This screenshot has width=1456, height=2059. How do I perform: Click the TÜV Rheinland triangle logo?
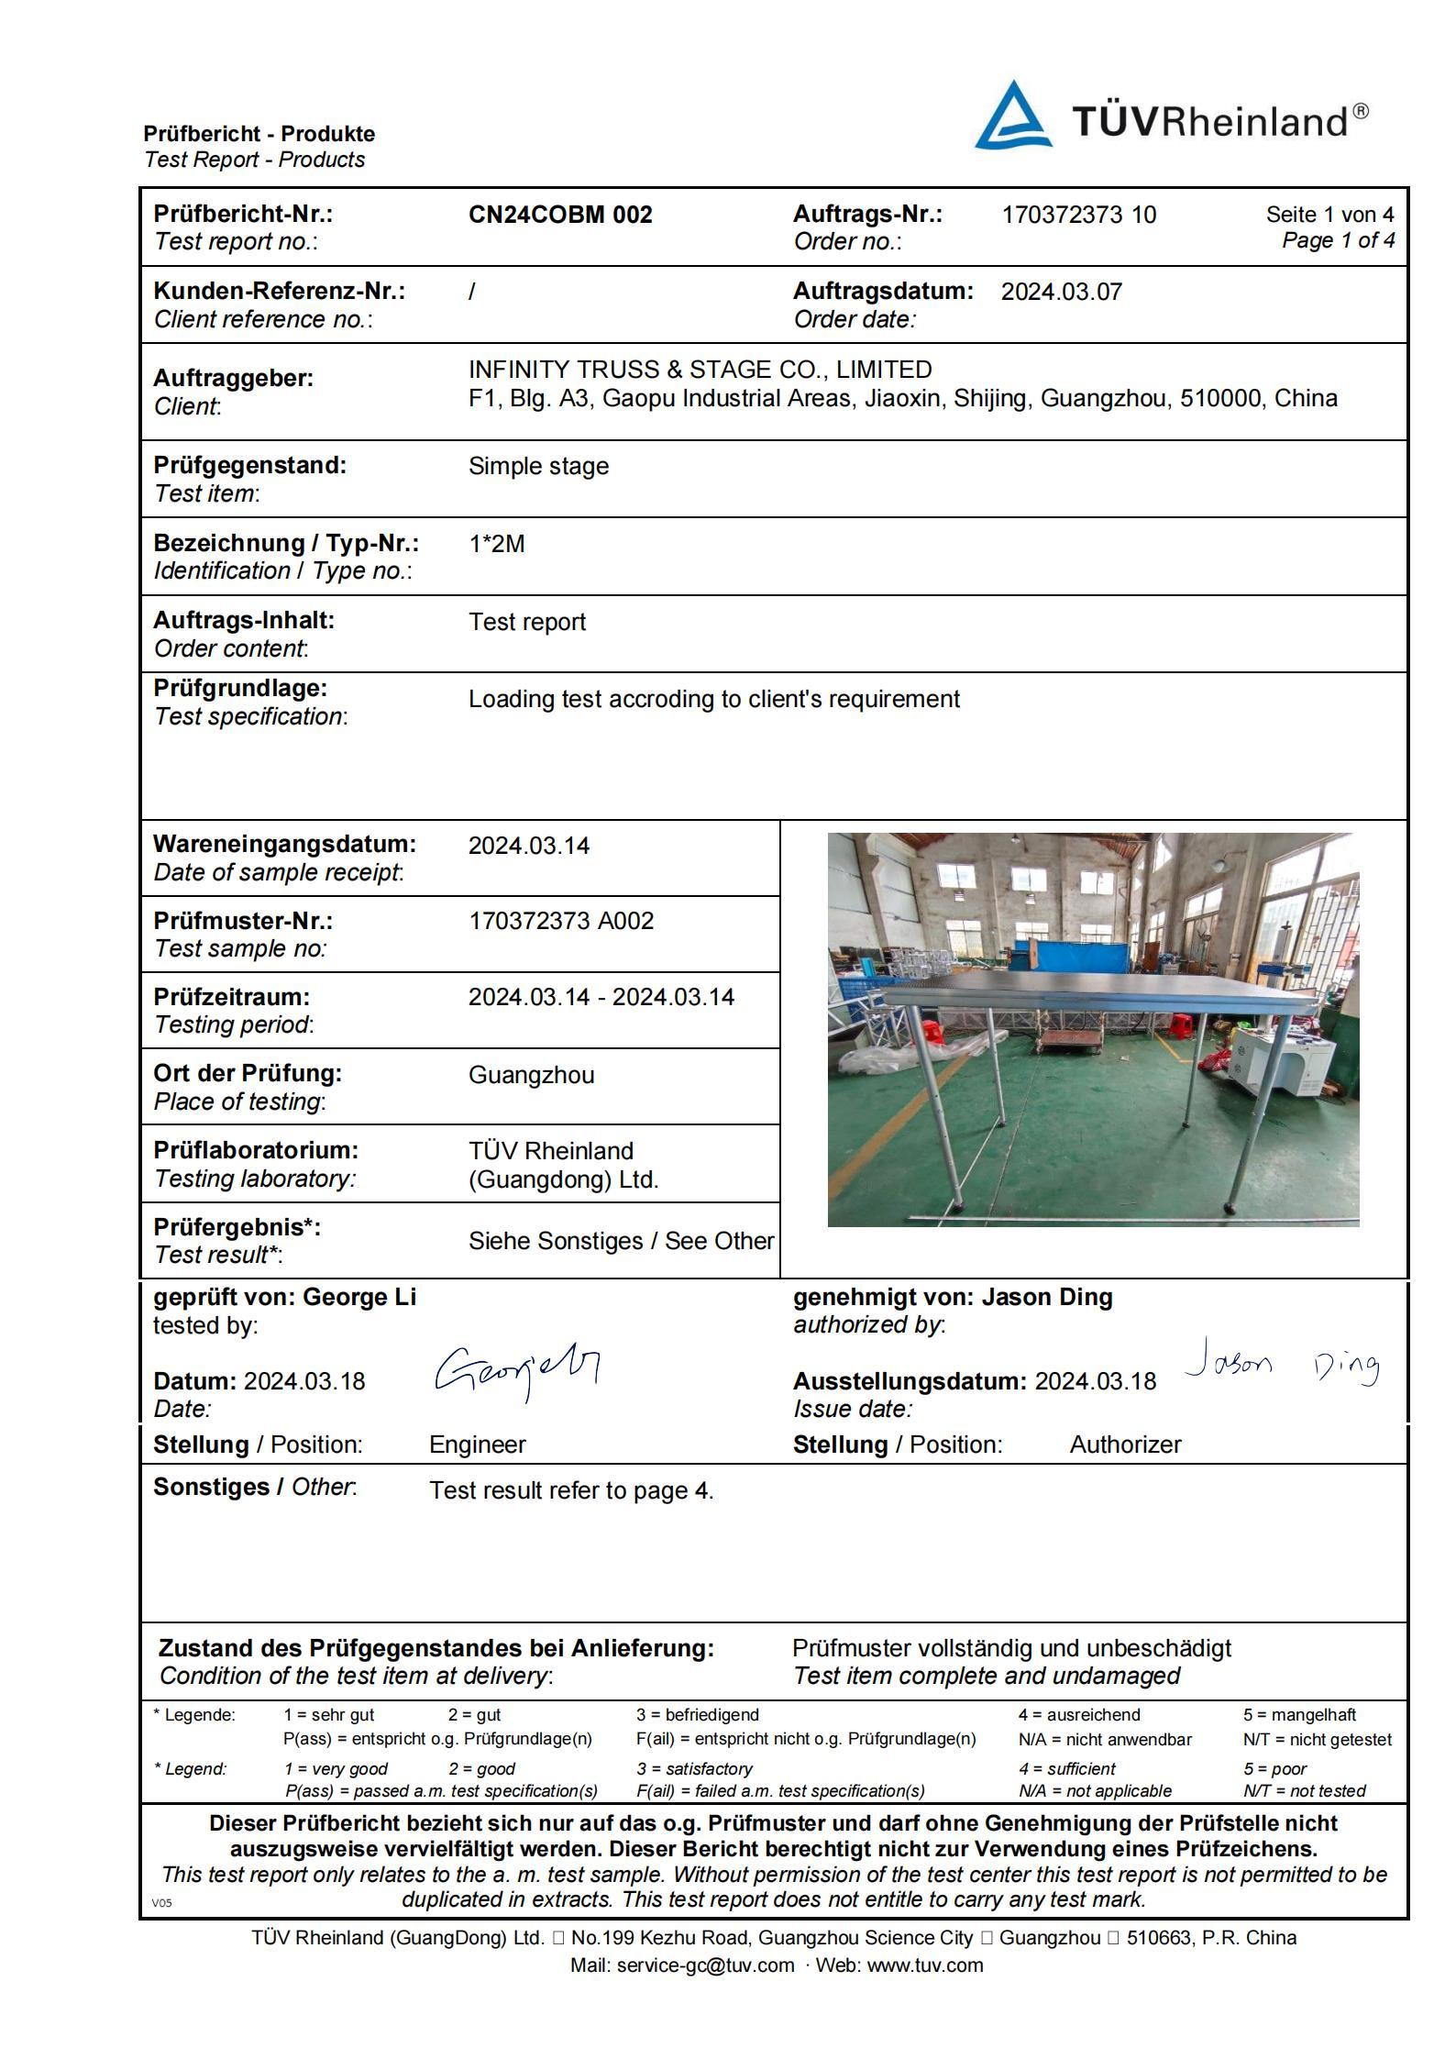pyautogui.click(x=1012, y=116)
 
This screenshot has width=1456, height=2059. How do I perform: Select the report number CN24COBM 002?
pyautogui.click(x=560, y=215)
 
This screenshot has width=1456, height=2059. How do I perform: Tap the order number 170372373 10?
pyautogui.click(x=1078, y=215)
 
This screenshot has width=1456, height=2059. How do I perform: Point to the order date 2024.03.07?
pyautogui.click(x=1061, y=292)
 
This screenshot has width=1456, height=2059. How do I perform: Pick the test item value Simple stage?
pyautogui.click(x=538, y=466)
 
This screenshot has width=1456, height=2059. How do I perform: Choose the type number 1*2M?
pyautogui.click(x=496, y=544)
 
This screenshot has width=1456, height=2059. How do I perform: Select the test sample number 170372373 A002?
pyautogui.click(x=561, y=921)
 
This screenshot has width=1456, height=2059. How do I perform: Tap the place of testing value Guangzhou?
pyautogui.click(x=531, y=1075)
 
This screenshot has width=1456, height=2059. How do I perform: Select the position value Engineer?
pyautogui.click(x=477, y=1445)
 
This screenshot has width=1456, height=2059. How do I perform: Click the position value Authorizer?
pyautogui.click(x=1125, y=1445)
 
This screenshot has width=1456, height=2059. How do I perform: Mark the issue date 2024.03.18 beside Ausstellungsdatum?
pyautogui.click(x=1095, y=1381)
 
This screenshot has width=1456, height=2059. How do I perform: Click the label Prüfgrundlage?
pyautogui.click(x=240, y=688)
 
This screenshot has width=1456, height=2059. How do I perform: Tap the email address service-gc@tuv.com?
pyautogui.click(x=705, y=1965)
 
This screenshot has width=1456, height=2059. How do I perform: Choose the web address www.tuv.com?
pyautogui.click(x=924, y=1965)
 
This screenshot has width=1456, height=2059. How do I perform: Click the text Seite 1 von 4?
pyautogui.click(x=1329, y=215)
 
